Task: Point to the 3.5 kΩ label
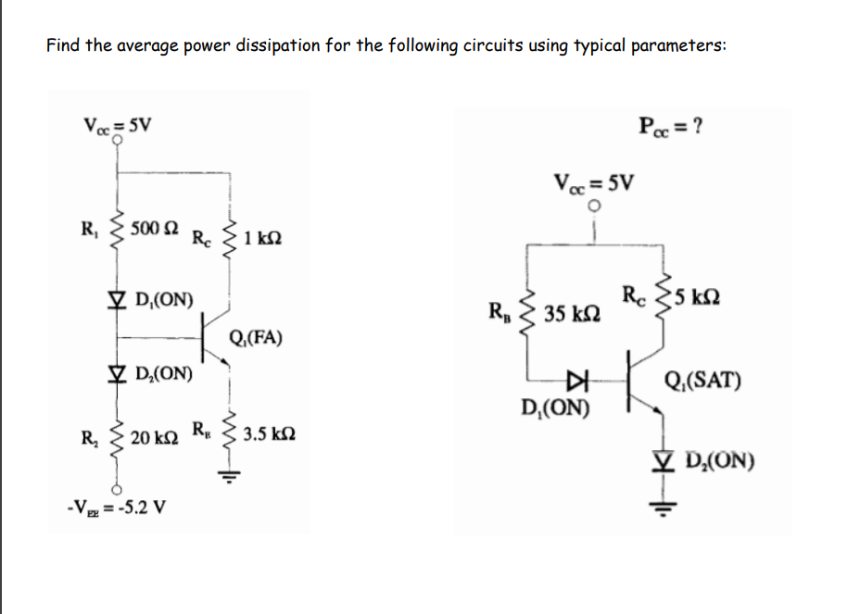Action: tap(271, 432)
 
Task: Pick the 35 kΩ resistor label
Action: tap(570, 315)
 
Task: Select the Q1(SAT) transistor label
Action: tap(702, 381)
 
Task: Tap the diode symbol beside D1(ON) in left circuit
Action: tap(117, 299)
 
